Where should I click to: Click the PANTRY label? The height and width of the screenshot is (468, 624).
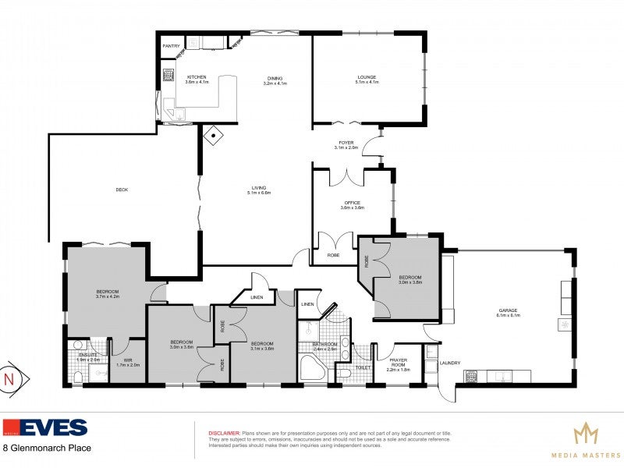[171, 46]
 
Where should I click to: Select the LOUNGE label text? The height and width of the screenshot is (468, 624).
[367, 77]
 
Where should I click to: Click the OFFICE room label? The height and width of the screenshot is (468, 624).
[352, 203]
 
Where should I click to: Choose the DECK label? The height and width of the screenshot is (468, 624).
[121, 190]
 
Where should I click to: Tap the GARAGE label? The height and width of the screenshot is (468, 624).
[508, 310]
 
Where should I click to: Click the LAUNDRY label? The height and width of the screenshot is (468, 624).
[450, 363]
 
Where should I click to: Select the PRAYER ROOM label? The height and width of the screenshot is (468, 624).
[399, 361]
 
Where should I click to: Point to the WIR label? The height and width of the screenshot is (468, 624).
[128, 360]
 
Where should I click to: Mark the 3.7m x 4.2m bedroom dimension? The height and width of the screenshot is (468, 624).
[106, 296]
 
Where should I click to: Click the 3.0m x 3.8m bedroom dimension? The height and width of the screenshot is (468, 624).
[410, 282]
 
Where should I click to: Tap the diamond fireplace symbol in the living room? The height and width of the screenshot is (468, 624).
[213, 136]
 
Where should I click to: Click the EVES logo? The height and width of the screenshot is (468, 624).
[44, 427]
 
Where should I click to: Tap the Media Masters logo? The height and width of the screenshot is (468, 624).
[586, 437]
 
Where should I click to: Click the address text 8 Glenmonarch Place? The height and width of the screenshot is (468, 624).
[48, 448]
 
